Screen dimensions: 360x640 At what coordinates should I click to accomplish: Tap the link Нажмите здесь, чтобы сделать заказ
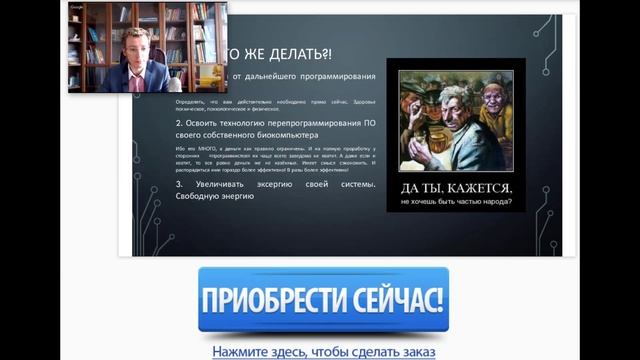pos(323,351)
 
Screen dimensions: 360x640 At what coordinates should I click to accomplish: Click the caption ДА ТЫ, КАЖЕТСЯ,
pos(455,188)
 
